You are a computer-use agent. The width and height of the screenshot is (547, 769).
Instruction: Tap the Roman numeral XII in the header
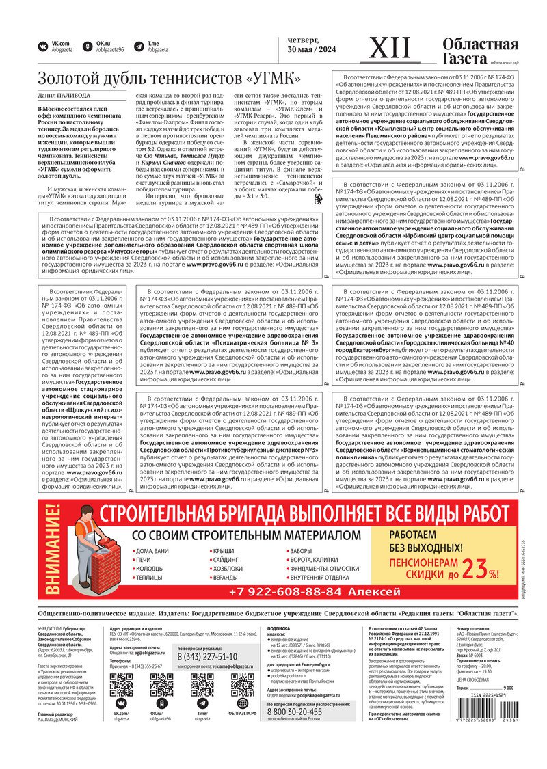pyautogui.click(x=390, y=48)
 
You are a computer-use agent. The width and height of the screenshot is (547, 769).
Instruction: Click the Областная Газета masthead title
pyautogui.click(x=480, y=52)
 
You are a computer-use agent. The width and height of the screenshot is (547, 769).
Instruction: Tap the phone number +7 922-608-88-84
pyautogui.click(x=314, y=591)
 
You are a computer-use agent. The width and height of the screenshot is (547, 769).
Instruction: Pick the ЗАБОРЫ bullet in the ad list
pyautogui.click(x=300, y=551)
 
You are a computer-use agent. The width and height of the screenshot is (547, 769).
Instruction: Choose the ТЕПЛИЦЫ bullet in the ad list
pyautogui.click(x=149, y=578)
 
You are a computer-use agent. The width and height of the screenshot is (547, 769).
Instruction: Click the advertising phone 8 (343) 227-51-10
pyautogui.click(x=208, y=657)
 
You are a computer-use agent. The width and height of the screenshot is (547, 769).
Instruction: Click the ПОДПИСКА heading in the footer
pyautogui.click(x=278, y=627)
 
